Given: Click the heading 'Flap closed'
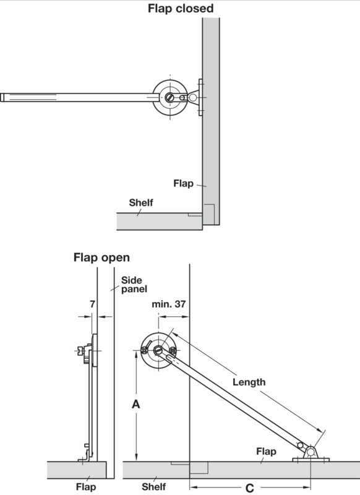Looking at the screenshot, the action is tap(181, 8).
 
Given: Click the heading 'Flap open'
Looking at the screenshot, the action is tap(101, 257).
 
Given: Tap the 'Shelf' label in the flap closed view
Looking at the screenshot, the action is tap(141, 202).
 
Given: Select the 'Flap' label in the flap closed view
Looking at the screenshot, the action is tap(183, 183).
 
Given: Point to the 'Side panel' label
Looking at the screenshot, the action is tap(134, 285).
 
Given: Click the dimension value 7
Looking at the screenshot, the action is tap(92, 304).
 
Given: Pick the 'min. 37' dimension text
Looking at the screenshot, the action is tap(169, 304).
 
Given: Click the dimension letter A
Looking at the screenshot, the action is tap(135, 404).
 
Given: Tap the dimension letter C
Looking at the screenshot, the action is tap(249, 488).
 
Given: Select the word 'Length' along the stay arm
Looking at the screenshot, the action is tap(249, 382).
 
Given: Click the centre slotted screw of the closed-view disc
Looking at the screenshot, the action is tap(169, 97).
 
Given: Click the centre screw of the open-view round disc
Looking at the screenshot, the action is tap(158, 350).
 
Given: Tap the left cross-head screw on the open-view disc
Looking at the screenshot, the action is tap(145, 350).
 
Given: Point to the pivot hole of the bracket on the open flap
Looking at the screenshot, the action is tap(311, 452).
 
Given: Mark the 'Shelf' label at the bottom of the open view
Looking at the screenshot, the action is tap(153, 486).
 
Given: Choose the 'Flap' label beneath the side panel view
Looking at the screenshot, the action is tap(86, 486).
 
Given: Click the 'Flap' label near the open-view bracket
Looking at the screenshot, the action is tap(267, 452).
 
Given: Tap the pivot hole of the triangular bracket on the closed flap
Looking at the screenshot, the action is tap(192, 98).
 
